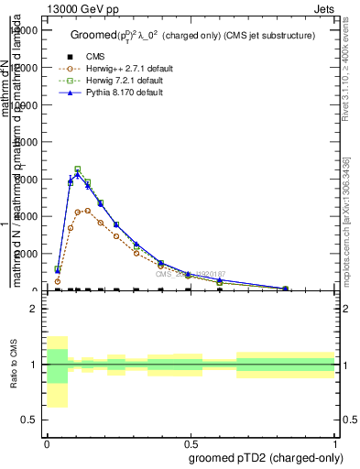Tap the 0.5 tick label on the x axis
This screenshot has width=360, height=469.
pos(191,442)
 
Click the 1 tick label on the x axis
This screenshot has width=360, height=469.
pos(335,442)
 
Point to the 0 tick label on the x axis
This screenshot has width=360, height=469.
pos(47,442)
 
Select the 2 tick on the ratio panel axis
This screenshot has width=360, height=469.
pos(34,309)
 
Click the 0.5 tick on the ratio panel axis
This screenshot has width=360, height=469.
pos(29,420)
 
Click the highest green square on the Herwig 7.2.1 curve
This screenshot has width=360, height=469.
pos(78,169)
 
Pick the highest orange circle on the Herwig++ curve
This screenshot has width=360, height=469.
pos(88,210)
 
